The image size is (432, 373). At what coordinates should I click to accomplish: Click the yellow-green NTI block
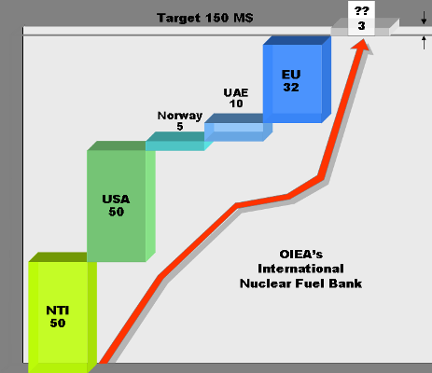[63, 312]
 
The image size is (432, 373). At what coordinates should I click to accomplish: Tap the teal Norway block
[179, 142]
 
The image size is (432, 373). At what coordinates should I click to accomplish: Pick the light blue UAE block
[238, 128]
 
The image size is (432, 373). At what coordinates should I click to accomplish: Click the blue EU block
[297, 79]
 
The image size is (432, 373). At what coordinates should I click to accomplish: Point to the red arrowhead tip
[363, 40]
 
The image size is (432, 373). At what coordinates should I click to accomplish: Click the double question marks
[361, 11]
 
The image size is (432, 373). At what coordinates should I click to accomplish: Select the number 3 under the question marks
[361, 26]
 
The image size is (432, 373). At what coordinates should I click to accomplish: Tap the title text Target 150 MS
[205, 18]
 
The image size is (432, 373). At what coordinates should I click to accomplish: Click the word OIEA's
[301, 255]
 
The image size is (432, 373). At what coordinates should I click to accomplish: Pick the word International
[301, 269]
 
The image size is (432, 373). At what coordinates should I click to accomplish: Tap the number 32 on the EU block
[291, 88]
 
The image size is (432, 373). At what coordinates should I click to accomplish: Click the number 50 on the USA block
[117, 212]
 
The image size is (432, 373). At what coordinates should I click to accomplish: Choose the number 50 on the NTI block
[58, 323]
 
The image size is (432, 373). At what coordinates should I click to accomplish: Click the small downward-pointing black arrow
[424, 18]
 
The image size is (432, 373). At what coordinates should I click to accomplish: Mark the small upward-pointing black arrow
[424, 43]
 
